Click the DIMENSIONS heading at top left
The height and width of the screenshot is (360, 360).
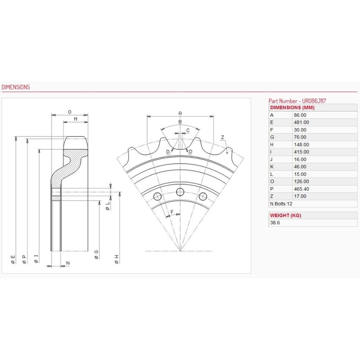click(x=15, y=87)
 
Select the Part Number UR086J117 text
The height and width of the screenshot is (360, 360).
click(x=297, y=101)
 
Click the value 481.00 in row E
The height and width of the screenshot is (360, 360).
click(x=301, y=122)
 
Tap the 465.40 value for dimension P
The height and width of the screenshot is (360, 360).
click(x=301, y=189)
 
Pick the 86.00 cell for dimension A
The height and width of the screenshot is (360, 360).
click(x=300, y=115)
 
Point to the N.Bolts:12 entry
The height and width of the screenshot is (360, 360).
click(x=281, y=204)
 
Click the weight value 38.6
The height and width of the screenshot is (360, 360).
click(x=275, y=222)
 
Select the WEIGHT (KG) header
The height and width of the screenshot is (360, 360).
click(x=285, y=215)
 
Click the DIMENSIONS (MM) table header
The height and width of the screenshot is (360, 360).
click(x=292, y=107)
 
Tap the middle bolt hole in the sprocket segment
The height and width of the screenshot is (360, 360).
click(x=180, y=192)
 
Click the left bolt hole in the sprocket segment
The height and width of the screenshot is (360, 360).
click(x=158, y=197)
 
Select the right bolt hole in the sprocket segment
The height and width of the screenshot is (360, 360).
click(x=203, y=197)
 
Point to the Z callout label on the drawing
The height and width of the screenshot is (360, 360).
click(x=222, y=138)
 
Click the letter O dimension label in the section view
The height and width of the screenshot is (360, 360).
click(x=69, y=112)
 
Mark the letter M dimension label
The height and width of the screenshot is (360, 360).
click(x=76, y=119)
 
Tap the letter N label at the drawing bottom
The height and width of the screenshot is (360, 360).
click(x=68, y=263)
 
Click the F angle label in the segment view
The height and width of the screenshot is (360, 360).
click(x=172, y=212)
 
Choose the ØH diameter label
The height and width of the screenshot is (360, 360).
click(x=117, y=259)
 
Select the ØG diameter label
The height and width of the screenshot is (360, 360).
click(x=96, y=255)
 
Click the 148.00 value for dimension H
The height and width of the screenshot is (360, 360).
click(x=301, y=145)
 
